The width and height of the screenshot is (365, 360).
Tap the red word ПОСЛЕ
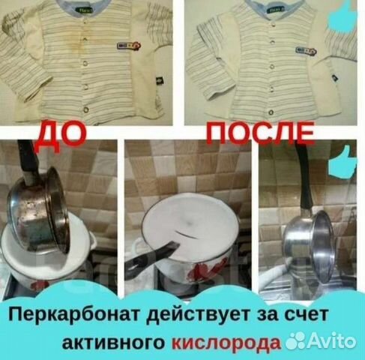[x=245, y=136]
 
